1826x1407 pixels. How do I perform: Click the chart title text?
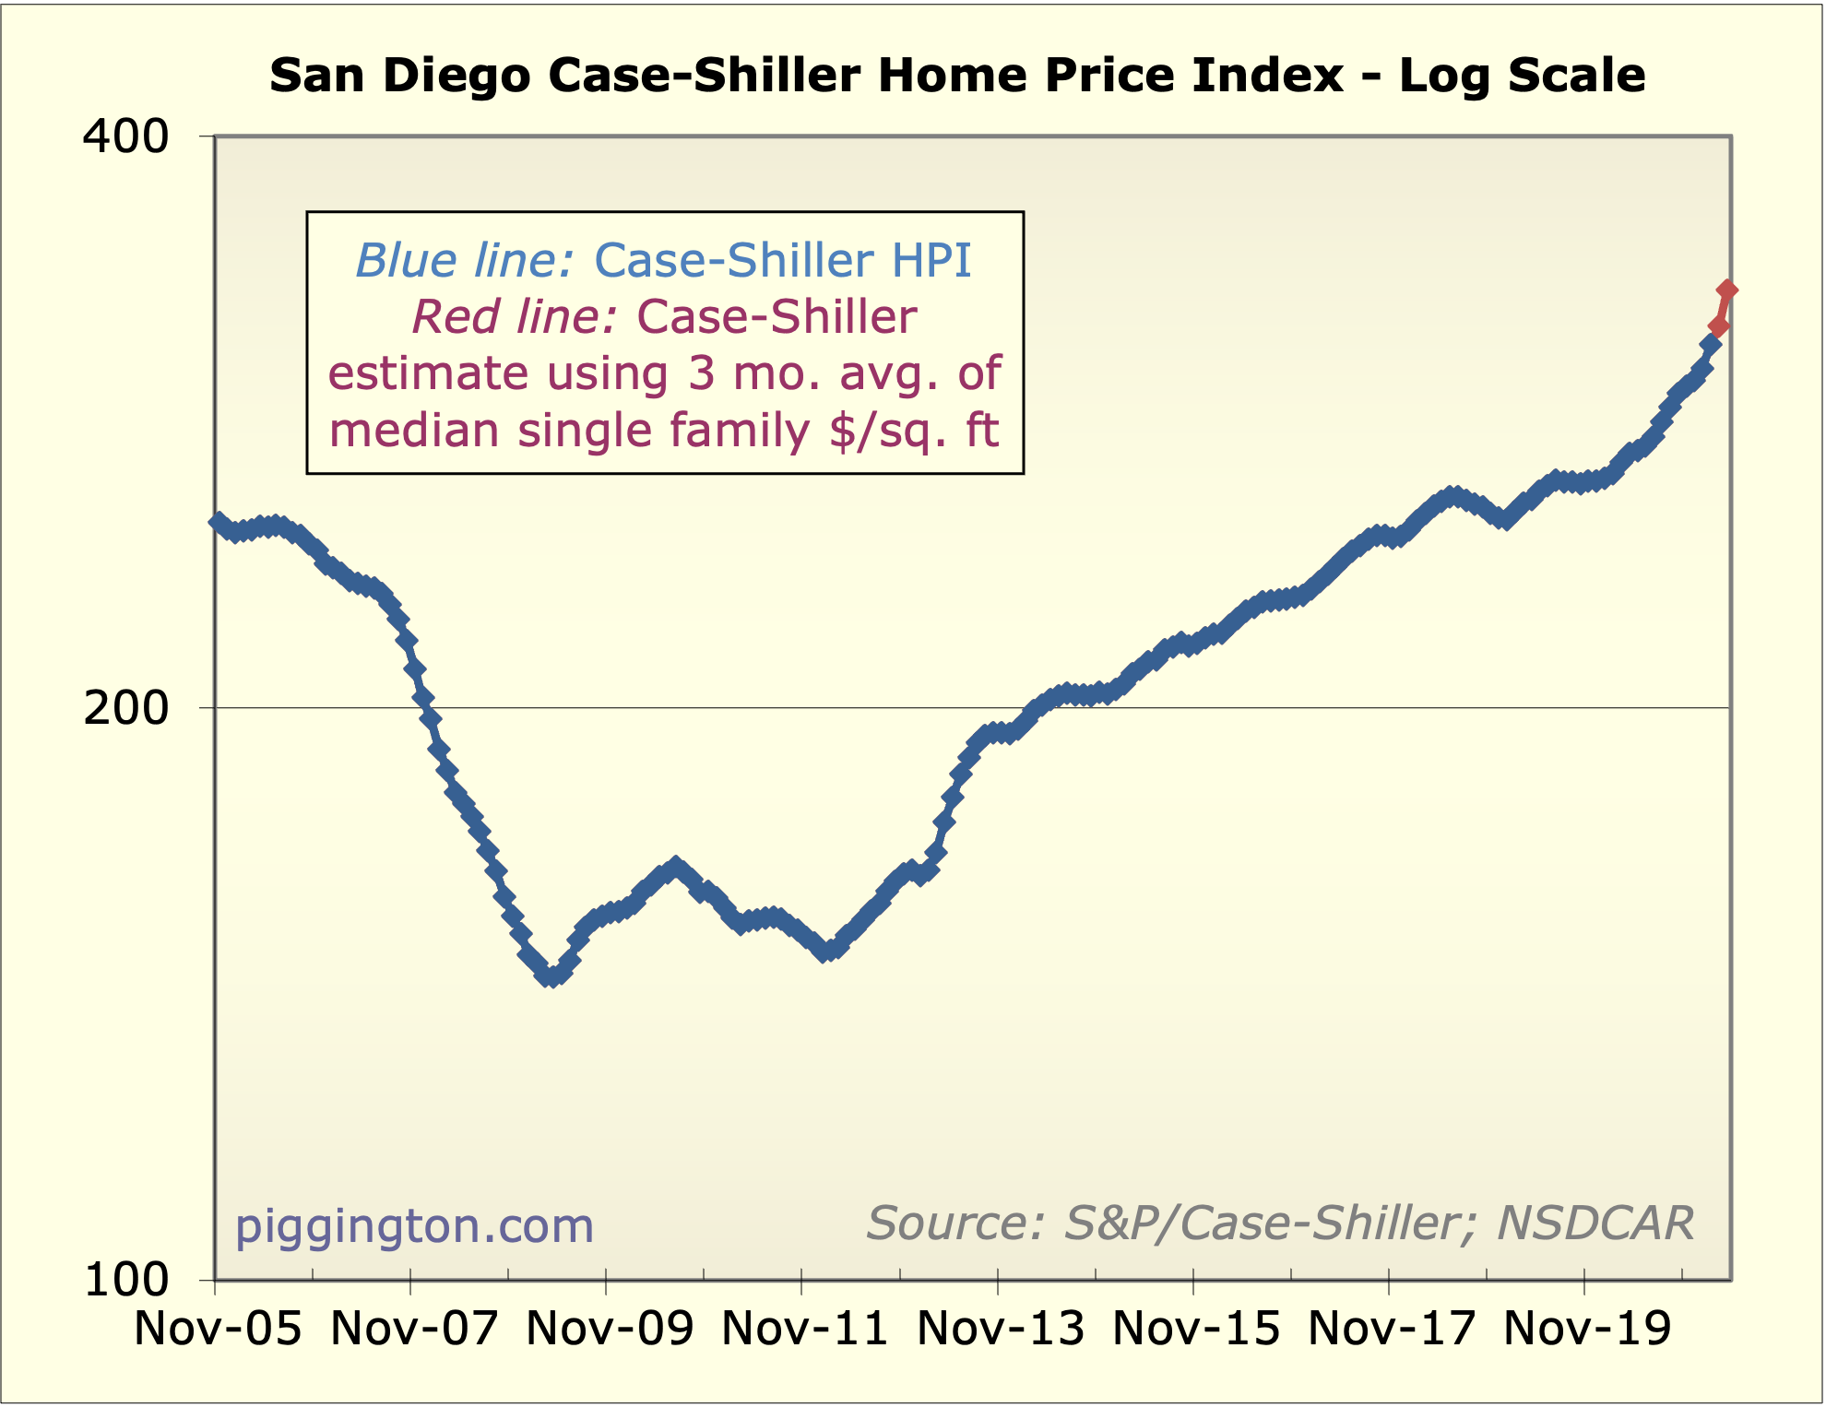coord(957,76)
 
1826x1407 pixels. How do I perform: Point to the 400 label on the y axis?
coord(126,137)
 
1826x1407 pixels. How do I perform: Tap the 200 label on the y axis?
coord(126,708)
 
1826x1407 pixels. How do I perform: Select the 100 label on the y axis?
coord(126,1280)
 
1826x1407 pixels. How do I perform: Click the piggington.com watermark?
coord(414,1226)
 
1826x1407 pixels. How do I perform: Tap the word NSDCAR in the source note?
coord(1595,1224)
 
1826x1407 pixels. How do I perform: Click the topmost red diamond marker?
coord(1726,290)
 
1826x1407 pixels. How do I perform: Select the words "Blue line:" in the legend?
coord(466,261)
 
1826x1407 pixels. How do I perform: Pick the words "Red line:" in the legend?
coord(515,317)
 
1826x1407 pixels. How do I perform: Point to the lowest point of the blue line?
coord(551,976)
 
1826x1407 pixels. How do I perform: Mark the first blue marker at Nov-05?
coord(218,522)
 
